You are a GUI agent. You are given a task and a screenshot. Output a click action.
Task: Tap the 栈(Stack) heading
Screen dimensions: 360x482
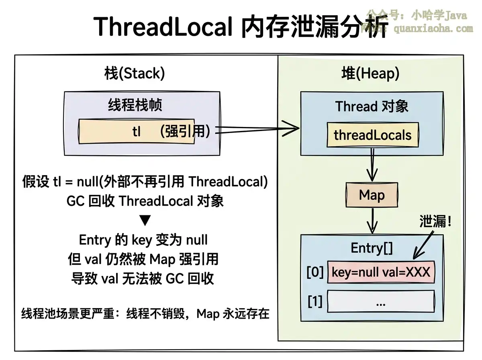[x=135, y=74]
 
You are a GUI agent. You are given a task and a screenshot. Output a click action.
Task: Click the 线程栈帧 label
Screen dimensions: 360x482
[x=135, y=105]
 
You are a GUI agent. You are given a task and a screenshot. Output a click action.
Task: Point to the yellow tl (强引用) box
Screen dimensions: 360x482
[x=137, y=131]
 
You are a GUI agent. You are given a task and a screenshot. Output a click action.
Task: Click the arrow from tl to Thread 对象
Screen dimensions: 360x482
[x=257, y=129]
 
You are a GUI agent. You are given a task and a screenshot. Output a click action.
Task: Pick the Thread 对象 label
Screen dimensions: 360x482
[x=372, y=106]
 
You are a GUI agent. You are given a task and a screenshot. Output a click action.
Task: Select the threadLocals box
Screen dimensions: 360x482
[x=372, y=135]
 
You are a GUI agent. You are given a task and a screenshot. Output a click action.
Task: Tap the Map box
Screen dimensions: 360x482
[x=372, y=195]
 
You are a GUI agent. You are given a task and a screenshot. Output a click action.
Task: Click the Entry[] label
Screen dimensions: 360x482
[x=372, y=248]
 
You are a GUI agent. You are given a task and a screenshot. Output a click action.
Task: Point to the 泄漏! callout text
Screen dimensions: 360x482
[x=435, y=221]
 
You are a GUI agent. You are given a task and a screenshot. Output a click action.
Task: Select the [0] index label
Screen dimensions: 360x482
[x=315, y=272]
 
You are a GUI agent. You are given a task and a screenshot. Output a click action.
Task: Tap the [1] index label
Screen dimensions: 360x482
[x=315, y=301]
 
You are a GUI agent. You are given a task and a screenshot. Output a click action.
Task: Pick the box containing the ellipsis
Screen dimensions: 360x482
[x=381, y=301]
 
